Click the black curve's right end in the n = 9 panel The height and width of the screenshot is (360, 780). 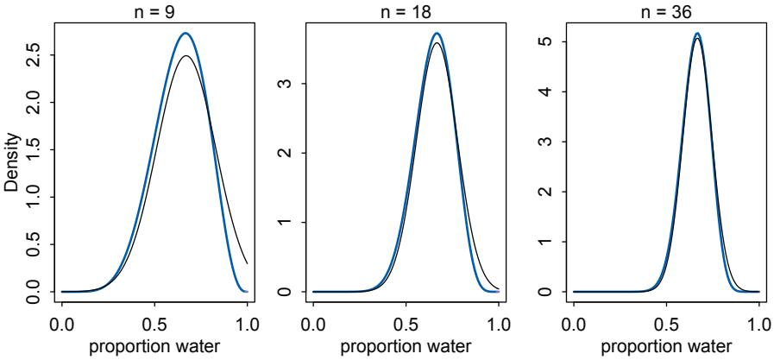[x=248, y=263]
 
